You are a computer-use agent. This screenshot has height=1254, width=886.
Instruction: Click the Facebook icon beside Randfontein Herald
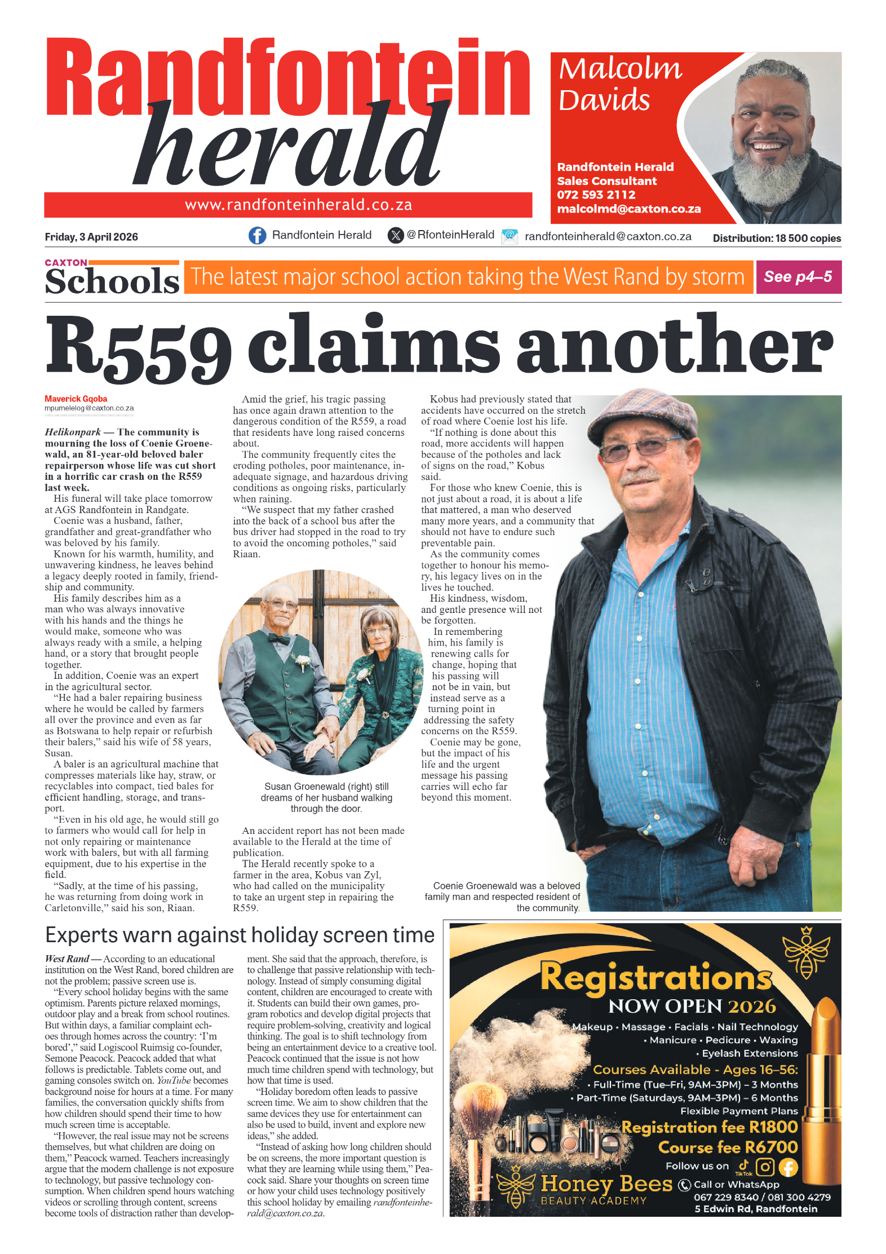[257, 235]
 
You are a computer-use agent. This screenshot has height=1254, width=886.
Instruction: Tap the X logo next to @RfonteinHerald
[396, 235]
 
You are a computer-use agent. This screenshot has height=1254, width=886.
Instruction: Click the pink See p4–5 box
[798, 277]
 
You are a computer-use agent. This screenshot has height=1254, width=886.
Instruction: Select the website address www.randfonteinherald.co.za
[298, 205]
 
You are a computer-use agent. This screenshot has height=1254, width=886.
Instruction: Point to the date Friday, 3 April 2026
[91, 237]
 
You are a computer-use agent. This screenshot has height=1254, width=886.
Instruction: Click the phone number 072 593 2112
[596, 195]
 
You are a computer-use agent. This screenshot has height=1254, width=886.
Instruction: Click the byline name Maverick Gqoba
[76, 399]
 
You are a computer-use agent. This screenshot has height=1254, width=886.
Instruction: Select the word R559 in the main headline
[139, 347]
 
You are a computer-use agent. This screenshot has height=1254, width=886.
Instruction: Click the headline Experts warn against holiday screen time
[240, 935]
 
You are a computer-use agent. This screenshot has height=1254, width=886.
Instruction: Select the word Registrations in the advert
[655, 978]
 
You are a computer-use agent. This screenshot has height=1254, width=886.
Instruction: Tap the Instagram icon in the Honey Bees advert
[765, 1167]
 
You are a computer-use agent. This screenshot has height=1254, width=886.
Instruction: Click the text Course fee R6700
[728, 1147]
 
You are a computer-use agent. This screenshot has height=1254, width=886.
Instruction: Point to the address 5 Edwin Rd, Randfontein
[755, 1208]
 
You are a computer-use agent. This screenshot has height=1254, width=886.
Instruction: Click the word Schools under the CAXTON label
[112, 281]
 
